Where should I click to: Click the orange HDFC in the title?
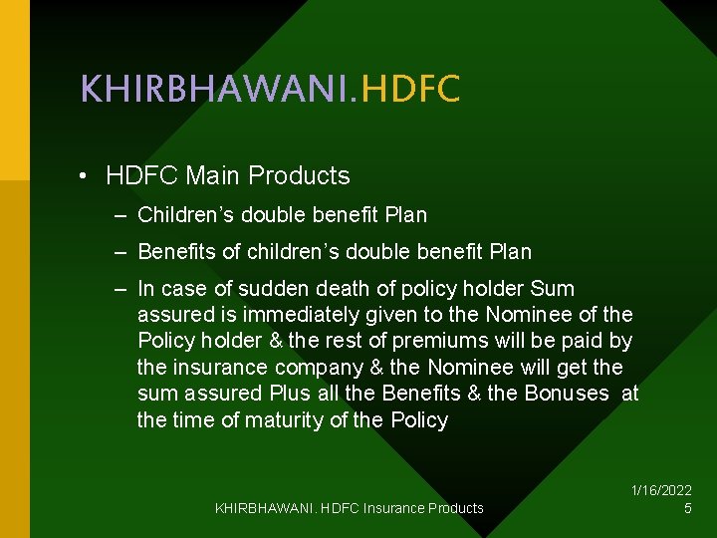click(410, 90)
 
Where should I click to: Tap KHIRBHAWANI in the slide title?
click(215, 90)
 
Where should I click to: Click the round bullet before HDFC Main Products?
click(88, 177)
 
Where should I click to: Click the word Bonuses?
click(565, 393)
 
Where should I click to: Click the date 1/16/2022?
click(661, 490)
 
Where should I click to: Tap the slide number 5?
click(687, 508)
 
